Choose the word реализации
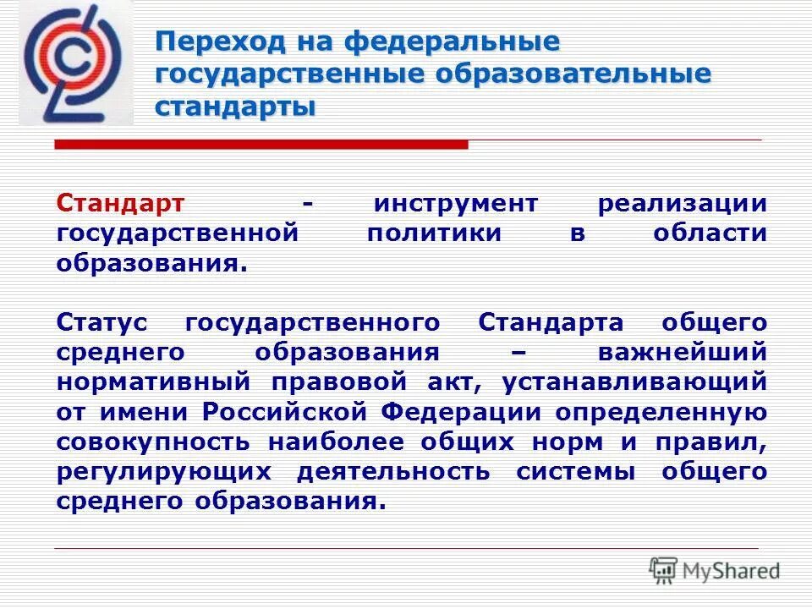683,203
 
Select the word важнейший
682,352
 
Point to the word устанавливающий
634,381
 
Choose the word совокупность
153,441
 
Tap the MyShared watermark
715,570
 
